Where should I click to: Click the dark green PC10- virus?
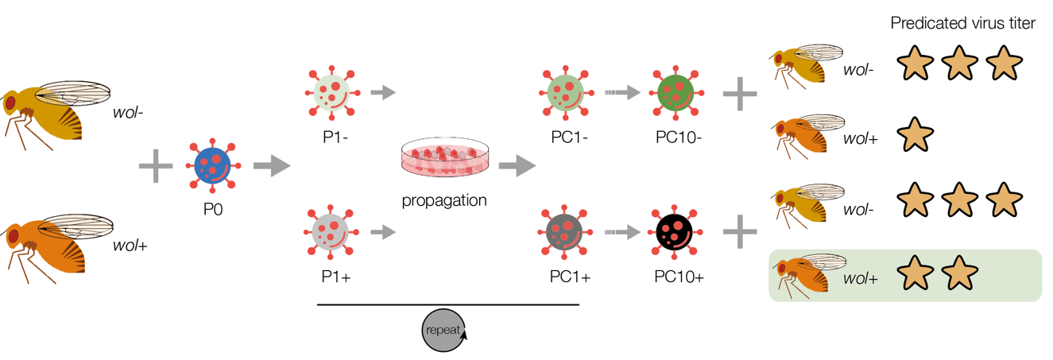click(x=676, y=93)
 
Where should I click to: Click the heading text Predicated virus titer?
click(x=963, y=24)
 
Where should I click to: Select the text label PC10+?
click(x=679, y=277)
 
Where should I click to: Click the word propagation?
click(x=444, y=200)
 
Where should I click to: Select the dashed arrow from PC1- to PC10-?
click(x=622, y=93)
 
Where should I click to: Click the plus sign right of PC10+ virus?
click(x=740, y=232)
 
